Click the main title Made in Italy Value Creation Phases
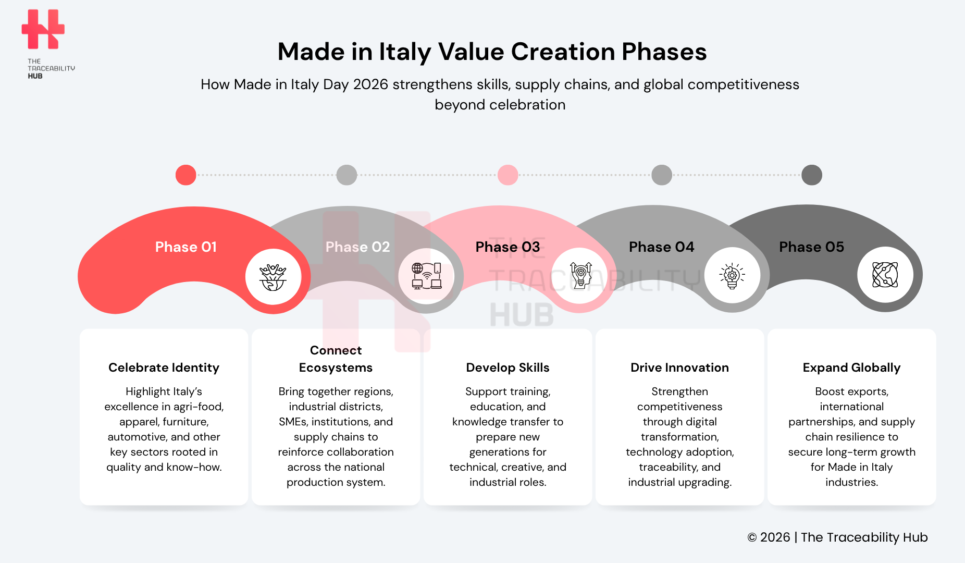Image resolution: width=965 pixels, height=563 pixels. pos(492,52)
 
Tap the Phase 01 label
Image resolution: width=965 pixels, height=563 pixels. pos(185,247)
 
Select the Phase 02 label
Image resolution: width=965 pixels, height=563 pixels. pos(357,247)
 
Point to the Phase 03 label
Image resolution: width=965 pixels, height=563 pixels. pos(508,247)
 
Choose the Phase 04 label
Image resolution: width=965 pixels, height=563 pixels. pos(661,247)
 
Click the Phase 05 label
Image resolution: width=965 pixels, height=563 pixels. pos(811,247)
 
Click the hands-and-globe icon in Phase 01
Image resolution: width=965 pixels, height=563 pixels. pos(273,276)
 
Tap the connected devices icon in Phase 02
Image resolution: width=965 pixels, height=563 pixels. pos(426,276)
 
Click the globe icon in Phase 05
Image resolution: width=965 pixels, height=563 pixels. pos(885,275)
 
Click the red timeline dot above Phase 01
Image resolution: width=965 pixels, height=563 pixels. pos(185,175)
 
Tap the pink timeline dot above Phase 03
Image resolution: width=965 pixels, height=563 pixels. pos(508,175)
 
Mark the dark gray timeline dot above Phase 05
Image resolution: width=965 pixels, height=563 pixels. pos(811,175)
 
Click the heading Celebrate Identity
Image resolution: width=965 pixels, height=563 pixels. pos(164,368)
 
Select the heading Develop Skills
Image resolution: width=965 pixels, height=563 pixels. pos(508,368)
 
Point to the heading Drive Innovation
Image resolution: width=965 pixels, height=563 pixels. pos(679,368)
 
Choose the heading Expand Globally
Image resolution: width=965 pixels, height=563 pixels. pos(851,368)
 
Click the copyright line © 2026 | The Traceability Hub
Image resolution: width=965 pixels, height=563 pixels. pos(837,537)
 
